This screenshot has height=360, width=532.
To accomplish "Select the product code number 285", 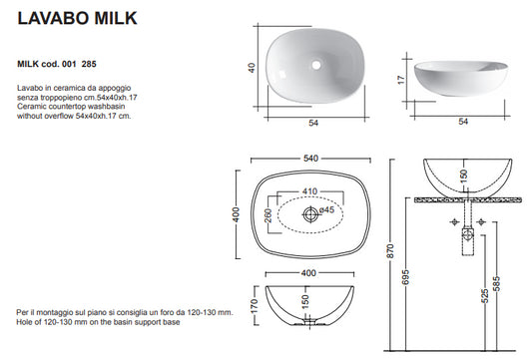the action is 89,64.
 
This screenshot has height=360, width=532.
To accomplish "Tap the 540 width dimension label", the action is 310,159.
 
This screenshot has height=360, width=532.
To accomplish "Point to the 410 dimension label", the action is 309,191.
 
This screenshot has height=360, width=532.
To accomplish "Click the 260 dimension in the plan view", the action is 268,215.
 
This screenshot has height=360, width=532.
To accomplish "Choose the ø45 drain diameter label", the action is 326,209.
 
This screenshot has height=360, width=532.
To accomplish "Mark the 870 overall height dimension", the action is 391,251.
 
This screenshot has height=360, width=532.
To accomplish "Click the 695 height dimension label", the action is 406,277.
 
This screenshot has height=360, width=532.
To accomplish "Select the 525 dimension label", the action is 485,295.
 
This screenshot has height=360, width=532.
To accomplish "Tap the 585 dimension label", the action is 496,284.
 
